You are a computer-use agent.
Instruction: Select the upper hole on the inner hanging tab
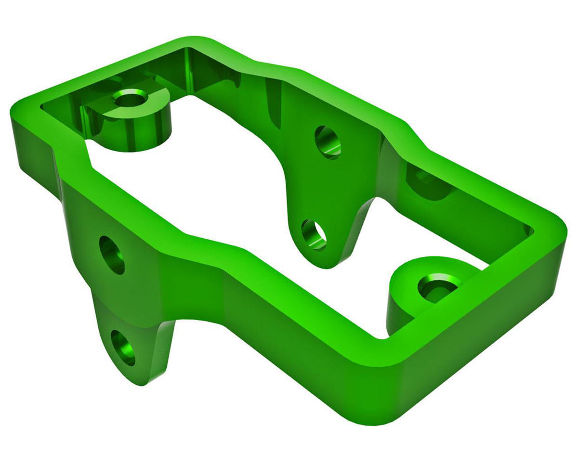[328, 142]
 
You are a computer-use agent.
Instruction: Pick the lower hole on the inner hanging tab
[314, 234]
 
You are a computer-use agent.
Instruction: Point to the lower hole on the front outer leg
[124, 347]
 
